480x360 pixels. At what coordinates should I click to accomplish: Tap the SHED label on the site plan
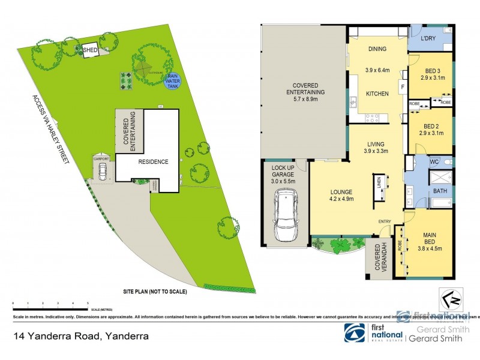(90, 50)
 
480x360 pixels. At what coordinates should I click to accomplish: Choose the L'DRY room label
(427, 39)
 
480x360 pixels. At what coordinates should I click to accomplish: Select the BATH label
(441, 191)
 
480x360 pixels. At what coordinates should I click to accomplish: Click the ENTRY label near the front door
(385, 222)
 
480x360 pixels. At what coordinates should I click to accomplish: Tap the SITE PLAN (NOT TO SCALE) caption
(156, 291)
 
